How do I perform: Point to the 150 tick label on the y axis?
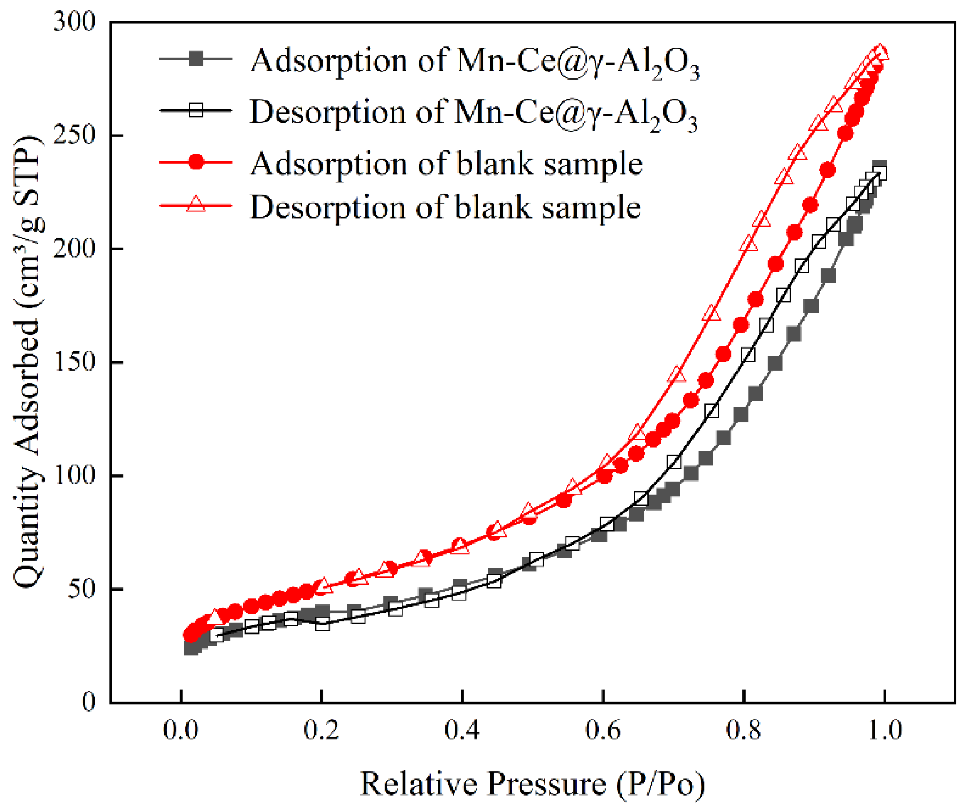point(74,362)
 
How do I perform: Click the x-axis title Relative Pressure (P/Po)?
point(532,784)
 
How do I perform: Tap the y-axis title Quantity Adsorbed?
point(28,362)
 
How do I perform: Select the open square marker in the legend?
point(196,110)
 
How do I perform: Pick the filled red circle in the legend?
point(196,162)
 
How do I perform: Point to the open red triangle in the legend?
point(196,203)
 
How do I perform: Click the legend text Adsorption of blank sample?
point(446,164)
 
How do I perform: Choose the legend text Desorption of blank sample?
point(445,207)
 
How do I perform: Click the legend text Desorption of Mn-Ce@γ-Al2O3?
point(473,113)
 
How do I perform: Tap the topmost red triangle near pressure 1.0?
point(880,52)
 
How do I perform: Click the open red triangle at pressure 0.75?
point(712,314)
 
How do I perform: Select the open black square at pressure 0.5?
point(536,560)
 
